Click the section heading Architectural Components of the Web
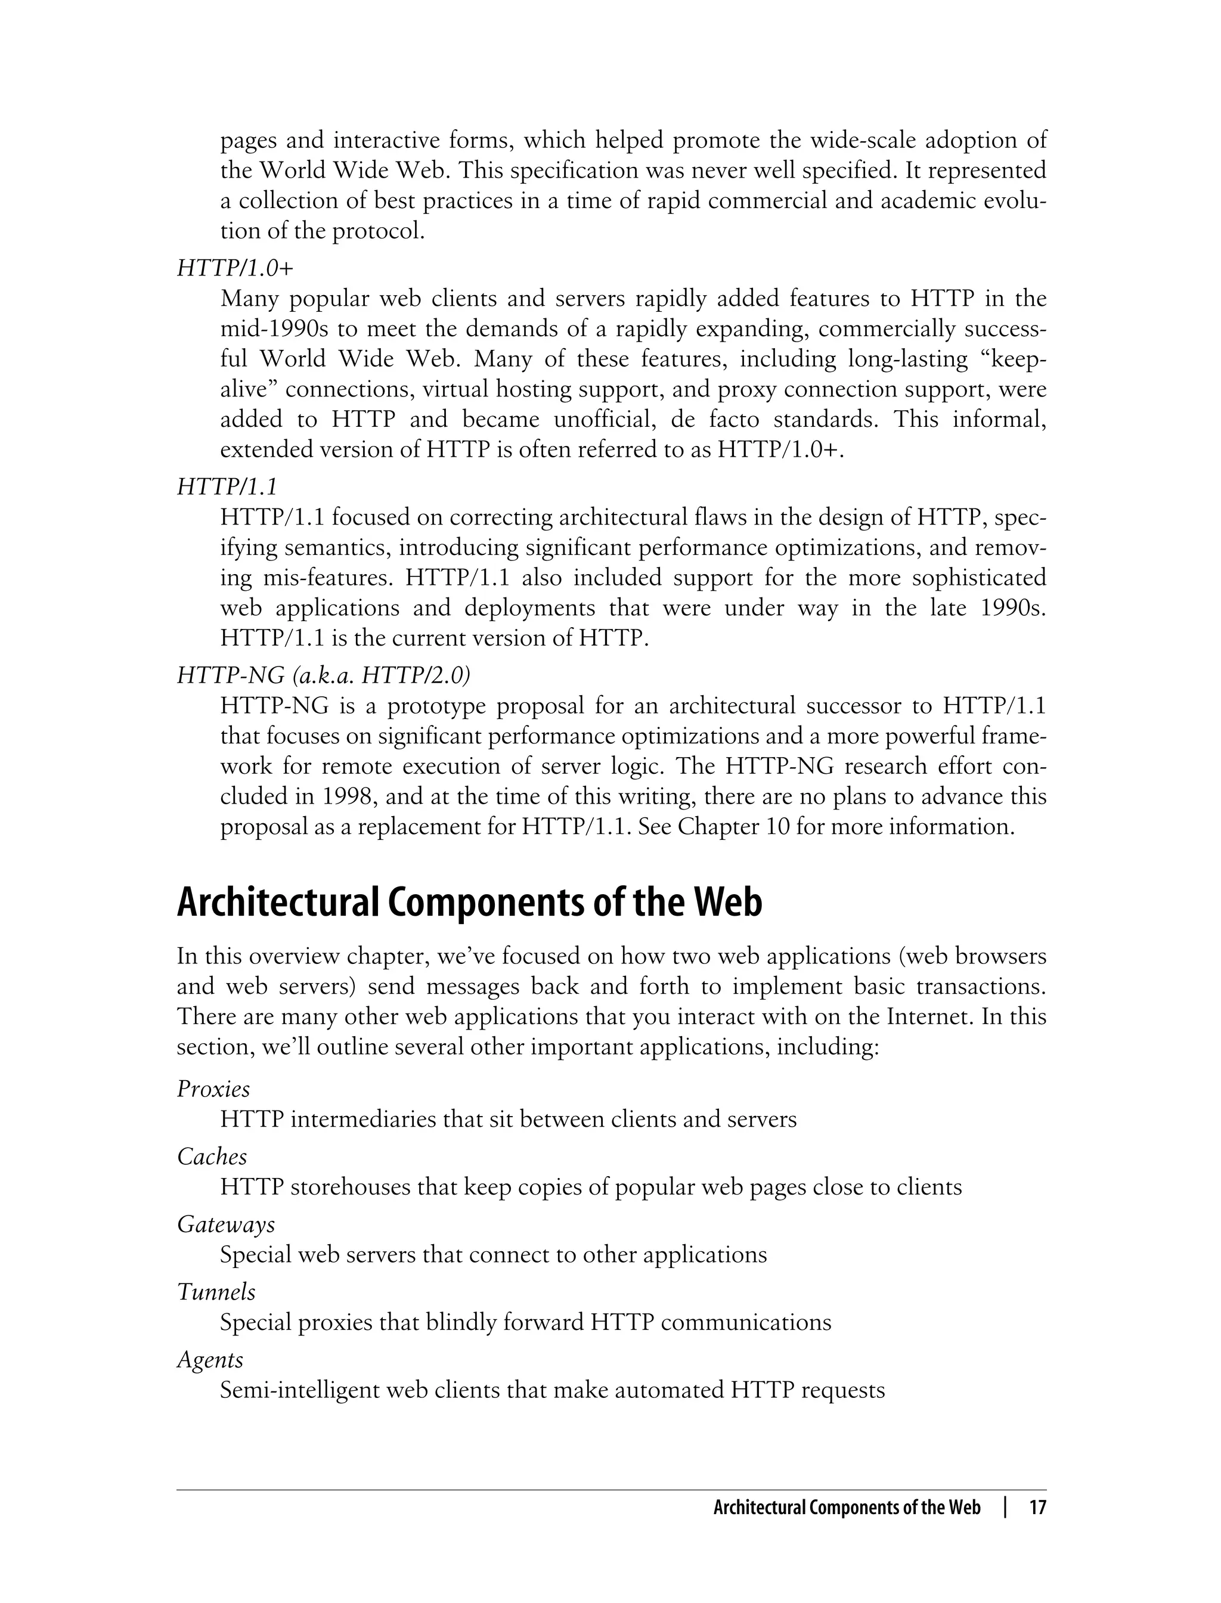470,903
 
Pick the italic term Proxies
213,1089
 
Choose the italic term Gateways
226,1224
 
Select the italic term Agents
210,1360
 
